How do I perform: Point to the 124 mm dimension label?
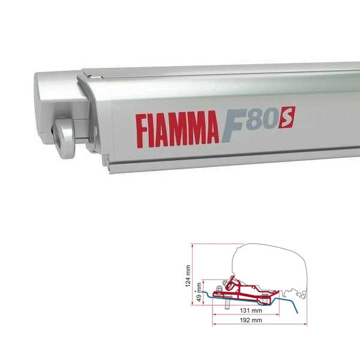coord(188,278)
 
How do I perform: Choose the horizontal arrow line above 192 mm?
coord(250,317)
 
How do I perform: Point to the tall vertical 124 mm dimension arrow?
coord(192,270)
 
